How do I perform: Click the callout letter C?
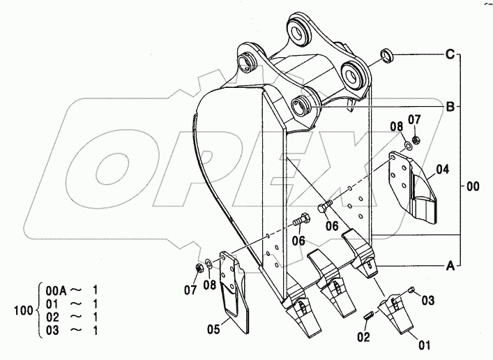coord(450,54)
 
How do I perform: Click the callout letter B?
coord(450,107)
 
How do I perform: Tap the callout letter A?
coord(450,267)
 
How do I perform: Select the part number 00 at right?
coord(473,186)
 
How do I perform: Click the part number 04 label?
coord(442,170)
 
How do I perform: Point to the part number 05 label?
coord(213,329)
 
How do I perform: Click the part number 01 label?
coord(424,345)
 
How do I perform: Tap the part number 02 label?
coord(363,338)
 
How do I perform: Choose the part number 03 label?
coord(427,301)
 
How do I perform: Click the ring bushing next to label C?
coord(387,55)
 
